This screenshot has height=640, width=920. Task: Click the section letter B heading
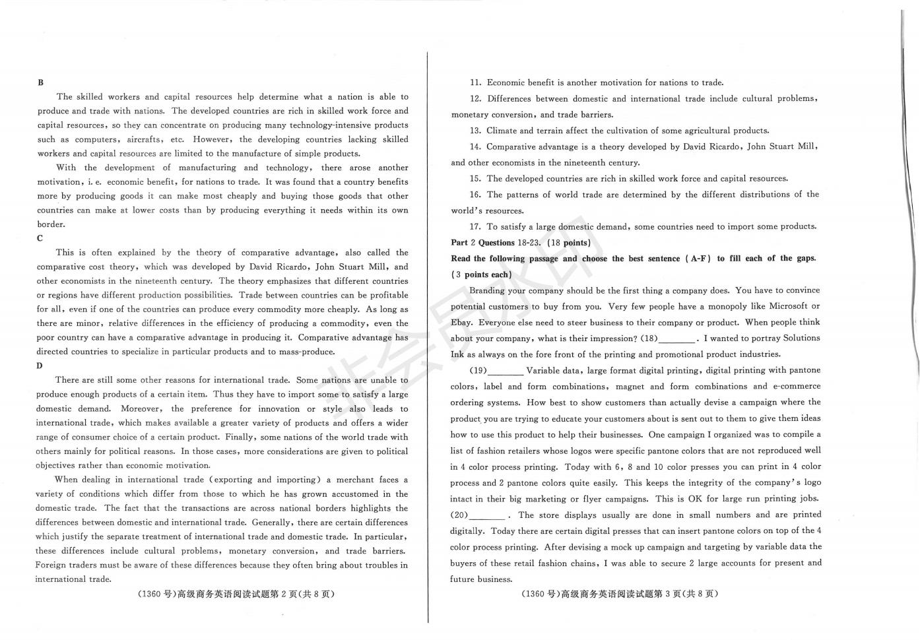41,82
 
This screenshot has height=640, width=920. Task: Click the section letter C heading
40,238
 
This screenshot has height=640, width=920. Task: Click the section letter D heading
40,366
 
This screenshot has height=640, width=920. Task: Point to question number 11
475,82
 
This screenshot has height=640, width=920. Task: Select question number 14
475,146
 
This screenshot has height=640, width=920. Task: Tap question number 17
475,226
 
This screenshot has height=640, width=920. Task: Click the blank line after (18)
677,339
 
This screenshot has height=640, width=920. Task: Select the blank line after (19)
506,371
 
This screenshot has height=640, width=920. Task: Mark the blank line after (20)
487,516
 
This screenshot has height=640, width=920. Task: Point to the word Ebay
461,323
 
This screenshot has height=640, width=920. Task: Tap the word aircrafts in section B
145,139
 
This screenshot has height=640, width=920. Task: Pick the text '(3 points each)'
481,274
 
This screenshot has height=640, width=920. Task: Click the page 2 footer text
236,594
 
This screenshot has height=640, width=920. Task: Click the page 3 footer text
618,594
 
